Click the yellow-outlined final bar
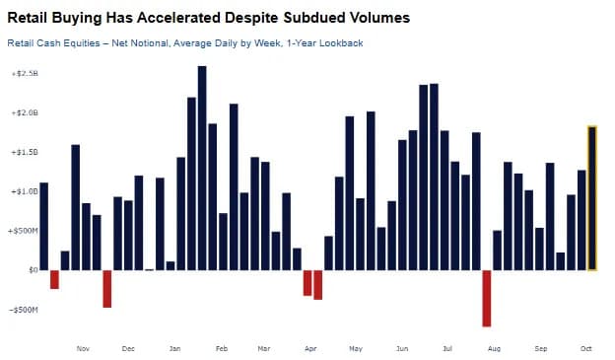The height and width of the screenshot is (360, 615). [592, 198]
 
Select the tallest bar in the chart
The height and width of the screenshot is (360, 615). [202, 168]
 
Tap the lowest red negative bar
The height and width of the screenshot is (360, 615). [487, 299]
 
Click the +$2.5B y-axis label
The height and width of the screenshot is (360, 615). [25, 73]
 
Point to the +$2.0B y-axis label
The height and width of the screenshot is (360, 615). [25, 112]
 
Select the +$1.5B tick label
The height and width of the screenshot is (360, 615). [25, 152]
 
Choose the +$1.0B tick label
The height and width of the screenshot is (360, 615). [25, 191]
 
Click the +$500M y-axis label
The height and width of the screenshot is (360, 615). [23, 231]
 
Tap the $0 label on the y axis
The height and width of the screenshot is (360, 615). [34, 270]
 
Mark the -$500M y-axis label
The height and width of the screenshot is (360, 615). [24, 310]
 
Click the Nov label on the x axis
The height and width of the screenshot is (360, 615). [83, 348]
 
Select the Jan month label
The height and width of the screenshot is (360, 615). [174, 348]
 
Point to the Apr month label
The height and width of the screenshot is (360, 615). [310, 348]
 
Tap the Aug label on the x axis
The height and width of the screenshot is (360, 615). [494, 348]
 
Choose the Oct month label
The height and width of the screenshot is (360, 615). [586, 348]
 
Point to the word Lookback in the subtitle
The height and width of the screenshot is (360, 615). [341, 42]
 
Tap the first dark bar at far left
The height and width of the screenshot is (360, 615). [44, 227]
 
